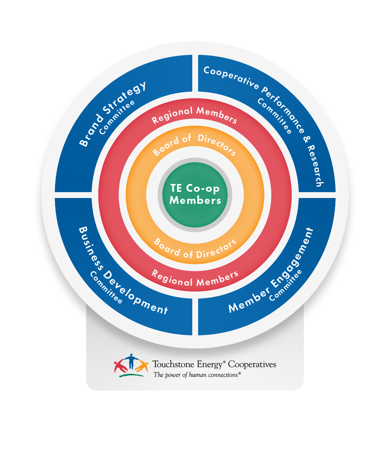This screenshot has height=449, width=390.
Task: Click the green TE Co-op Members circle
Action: (x=195, y=194)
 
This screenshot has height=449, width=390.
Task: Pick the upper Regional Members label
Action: (x=194, y=114)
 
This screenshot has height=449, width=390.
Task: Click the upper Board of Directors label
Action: (x=195, y=145)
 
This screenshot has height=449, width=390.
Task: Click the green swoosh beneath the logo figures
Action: (x=131, y=375)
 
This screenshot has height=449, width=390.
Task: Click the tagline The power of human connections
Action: (x=197, y=375)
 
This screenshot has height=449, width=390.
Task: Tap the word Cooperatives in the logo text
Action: (x=252, y=365)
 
